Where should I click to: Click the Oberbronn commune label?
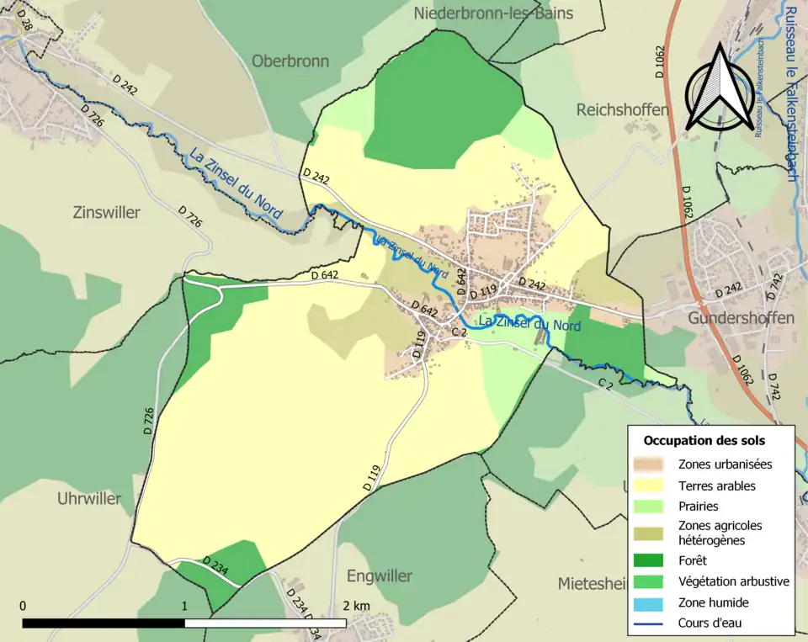[x=290, y=61]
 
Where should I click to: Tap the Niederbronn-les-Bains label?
[x=493, y=13]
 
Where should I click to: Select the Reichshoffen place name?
[x=622, y=110]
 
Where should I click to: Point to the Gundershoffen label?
[x=741, y=319]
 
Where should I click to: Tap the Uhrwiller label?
[x=89, y=498]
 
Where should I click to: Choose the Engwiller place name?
[x=380, y=576]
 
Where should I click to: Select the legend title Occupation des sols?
[x=704, y=440]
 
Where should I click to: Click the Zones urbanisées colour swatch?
[x=652, y=464]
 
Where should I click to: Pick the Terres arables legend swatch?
[x=652, y=485]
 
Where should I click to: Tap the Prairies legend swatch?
[x=652, y=507]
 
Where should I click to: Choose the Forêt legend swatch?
[x=652, y=560]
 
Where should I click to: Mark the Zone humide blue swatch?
[x=652, y=602]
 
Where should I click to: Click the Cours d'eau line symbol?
[x=652, y=623]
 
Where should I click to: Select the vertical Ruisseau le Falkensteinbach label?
[x=791, y=93]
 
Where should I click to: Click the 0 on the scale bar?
[x=23, y=606]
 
